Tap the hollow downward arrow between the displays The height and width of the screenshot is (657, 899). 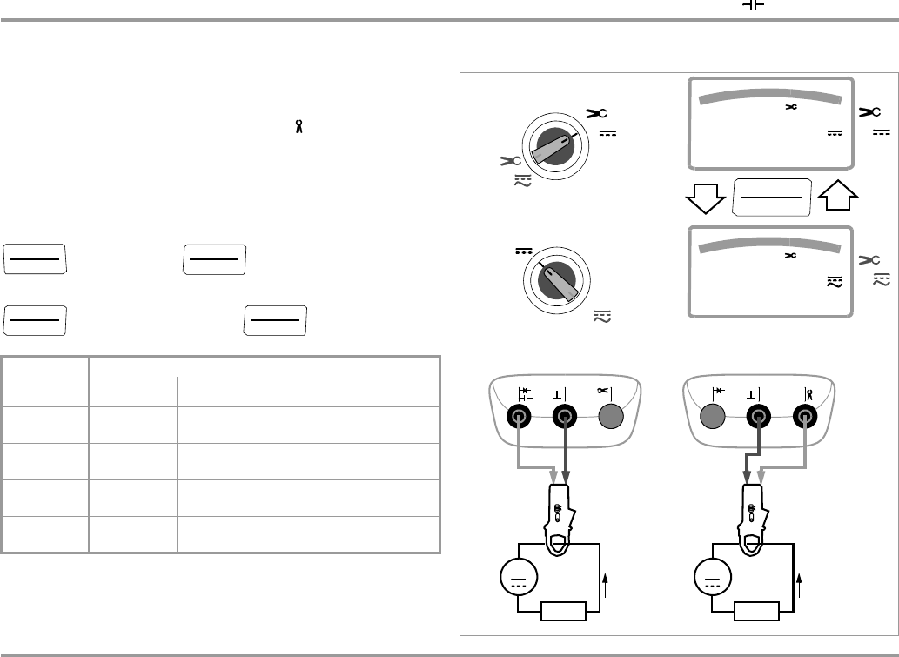pos(707,198)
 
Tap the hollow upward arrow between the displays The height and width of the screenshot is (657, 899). pos(834,198)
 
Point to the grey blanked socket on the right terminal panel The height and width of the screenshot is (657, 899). pos(714,416)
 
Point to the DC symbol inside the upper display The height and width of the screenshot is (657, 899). pos(835,134)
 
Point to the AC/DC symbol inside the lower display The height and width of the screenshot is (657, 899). pos(835,282)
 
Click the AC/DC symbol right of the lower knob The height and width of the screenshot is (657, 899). pos(601,318)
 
